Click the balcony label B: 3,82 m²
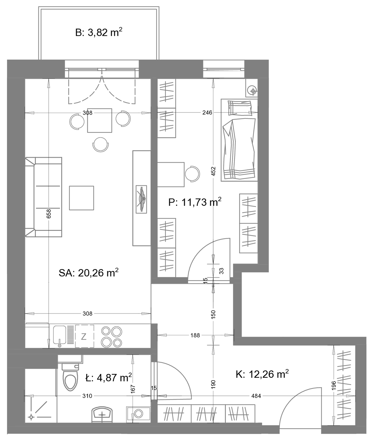[99, 32]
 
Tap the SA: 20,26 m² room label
[89, 273]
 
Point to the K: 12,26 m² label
[262, 374]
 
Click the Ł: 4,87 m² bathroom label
[108, 377]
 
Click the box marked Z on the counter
[84, 336]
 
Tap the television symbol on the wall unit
[141, 199]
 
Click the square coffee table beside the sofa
[82, 198]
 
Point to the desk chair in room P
[192, 174]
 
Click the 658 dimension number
[49, 213]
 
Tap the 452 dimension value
[213, 171]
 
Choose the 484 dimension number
[256, 396]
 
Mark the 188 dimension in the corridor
[195, 335]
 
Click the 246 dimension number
[207, 112]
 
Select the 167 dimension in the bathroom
[133, 389]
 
